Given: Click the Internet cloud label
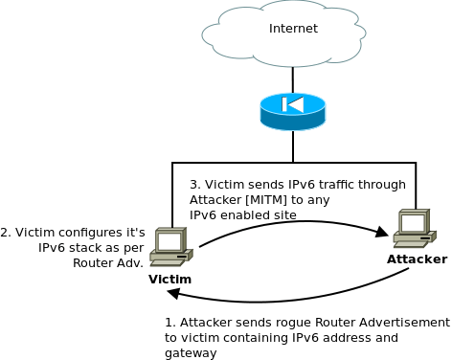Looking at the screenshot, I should (293, 29).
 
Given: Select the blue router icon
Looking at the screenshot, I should (292, 111).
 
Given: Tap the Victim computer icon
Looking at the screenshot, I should (170, 247).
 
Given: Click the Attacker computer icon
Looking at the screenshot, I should (414, 228).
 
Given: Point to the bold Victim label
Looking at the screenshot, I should (169, 279).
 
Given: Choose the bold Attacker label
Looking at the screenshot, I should (417, 259).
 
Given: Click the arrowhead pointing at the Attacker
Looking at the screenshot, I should (381, 232).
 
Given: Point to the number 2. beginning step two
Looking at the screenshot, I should (6, 232).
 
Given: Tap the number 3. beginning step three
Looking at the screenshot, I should (194, 185).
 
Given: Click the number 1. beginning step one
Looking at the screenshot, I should (169, 323).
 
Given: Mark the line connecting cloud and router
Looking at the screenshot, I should (292, 79).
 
